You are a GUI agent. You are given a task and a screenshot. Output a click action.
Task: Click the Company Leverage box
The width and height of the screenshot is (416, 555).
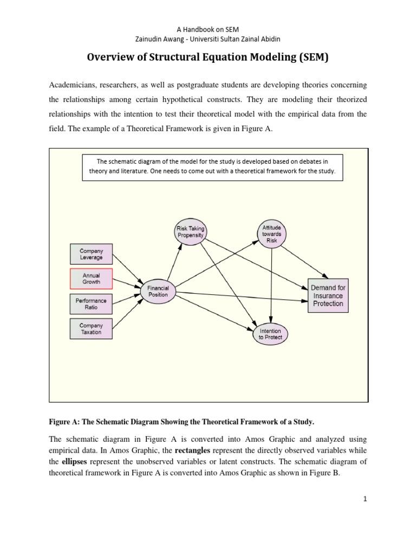[x=91, y=254]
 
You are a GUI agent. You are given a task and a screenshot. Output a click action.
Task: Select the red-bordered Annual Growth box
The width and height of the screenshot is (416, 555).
[x=91, y=279]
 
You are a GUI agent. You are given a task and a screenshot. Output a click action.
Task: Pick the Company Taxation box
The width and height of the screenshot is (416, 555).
[x=91, y=329]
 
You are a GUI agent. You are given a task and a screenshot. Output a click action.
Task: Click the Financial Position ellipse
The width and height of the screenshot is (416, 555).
[x=158, y=292]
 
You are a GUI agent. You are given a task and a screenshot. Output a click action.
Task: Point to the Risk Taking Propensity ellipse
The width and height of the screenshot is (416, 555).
[x=190, y=232]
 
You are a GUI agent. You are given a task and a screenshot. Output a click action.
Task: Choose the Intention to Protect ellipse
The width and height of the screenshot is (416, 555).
[x=271, y=333]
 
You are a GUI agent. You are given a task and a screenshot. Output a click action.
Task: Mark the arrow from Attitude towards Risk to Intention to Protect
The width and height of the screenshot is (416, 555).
[x=271, y=285]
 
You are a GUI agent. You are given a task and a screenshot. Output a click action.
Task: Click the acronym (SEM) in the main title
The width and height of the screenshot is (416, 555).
[x=313, y=57]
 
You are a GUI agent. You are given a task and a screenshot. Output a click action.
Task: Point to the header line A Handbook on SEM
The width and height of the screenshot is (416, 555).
[x=208, y=28]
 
